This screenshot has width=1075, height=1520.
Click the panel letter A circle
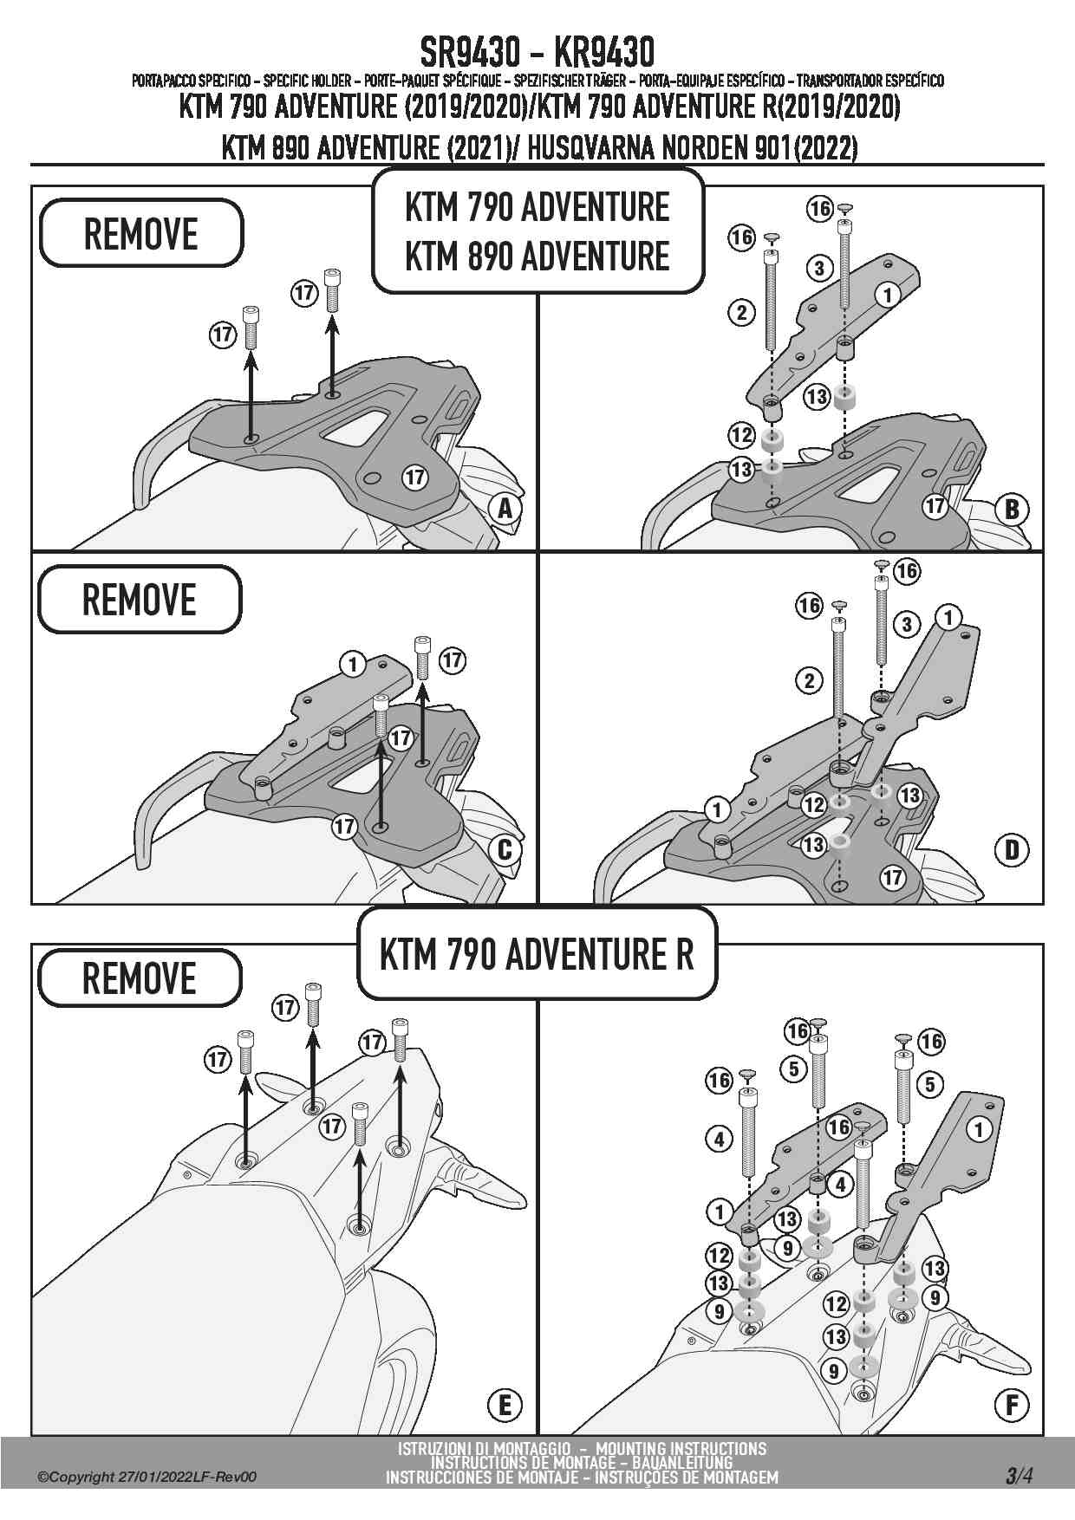(x=505, y=509)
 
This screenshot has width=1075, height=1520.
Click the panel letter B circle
(x=1012, y=509)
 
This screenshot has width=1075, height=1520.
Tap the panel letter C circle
(x=505, y=850)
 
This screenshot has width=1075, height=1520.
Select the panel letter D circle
(x=1012, y=850)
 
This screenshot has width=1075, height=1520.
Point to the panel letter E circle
(x=505, y=1405)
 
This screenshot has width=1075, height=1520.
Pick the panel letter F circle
(x=1012, y=1405)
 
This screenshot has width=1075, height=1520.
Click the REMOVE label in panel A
(x=141, y=233)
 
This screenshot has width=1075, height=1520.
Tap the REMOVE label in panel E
(x=140, y=978)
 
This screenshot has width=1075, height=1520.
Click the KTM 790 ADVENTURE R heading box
(x=537, y=954)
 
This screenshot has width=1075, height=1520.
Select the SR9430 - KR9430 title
(x=537, y=51)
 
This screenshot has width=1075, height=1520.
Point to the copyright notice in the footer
(x=147, y=1478)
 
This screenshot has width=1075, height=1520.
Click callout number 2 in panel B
(x=741, y=312)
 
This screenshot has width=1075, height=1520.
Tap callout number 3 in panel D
(x=907, y=623)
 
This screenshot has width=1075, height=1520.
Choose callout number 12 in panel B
(x=741, y=434)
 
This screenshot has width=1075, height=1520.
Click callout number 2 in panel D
(x=810, y=680)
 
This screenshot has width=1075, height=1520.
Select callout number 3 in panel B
(x=819, y=268)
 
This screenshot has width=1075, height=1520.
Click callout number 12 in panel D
(x=813, y=805)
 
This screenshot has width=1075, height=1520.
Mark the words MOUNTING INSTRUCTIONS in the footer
(x=681, y=1448)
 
